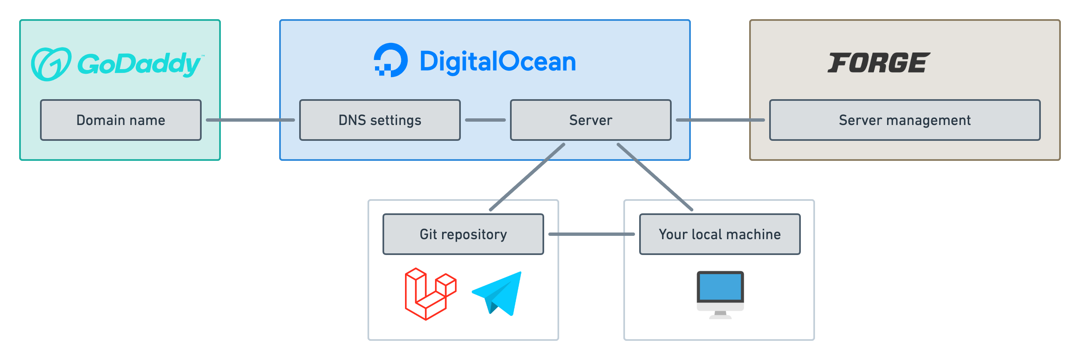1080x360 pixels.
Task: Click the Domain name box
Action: (x=121, y=120)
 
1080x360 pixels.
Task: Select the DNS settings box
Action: (x=380, y=120)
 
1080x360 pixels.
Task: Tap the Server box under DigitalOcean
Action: (x=590, y=120)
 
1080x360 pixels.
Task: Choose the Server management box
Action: (x=905, y=120)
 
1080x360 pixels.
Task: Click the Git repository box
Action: (x=463, y=234)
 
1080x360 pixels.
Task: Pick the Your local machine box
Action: (x=720, y=234)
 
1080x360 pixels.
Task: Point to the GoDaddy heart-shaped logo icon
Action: (x=51, y=64)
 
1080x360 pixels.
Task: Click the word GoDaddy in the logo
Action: (x=139, y=64)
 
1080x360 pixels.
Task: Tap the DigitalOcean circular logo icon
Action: (x=391, y=60)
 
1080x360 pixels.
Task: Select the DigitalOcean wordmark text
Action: (x=497, y=62)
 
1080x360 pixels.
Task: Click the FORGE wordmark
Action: (x=879, y=63)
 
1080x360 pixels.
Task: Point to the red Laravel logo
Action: (x=430, y=294)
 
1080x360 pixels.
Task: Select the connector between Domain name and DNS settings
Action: (x=250, y=120)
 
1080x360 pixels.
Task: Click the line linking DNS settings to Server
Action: (x=485, y=120)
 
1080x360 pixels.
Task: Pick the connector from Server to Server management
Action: (x=720, y=120)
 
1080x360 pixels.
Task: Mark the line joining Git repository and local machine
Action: (x=591, y=234)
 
